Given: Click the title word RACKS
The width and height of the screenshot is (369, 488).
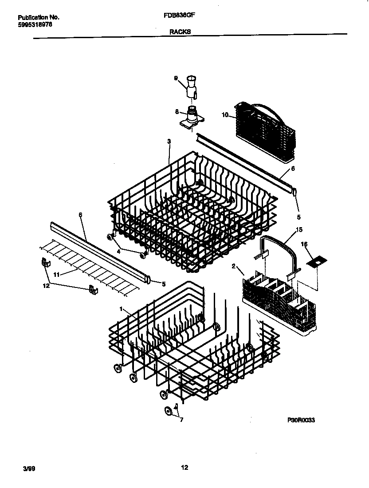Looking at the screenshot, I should coord(180,32).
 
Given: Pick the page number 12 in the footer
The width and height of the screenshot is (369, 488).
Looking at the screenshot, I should coord(184,467).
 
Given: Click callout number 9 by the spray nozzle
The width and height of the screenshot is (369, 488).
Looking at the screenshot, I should coord(176,78).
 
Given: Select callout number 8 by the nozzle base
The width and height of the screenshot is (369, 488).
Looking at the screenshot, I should coord(177,112).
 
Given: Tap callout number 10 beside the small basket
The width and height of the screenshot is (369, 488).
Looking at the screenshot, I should coord(225,115).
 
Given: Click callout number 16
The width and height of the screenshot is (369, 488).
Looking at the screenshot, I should coord(304,244).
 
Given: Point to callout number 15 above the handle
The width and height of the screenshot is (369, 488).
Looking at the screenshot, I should coord(298,230).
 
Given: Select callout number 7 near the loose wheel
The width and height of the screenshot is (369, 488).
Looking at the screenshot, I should coord(181,419).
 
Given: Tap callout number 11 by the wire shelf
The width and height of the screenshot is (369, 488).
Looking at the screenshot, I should coord(56,275).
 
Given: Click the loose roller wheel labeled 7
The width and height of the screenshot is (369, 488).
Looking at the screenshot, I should coord(169,411).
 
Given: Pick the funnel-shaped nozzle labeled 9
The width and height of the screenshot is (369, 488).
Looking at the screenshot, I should coord(192,86).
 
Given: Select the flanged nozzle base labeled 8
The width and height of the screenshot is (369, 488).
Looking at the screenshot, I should coord(192,118).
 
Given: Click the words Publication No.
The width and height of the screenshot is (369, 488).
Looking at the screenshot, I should coord(39,17).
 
